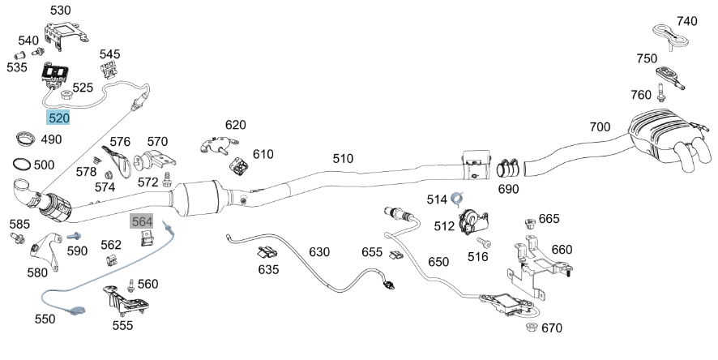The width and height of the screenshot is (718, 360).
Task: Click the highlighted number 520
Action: (x=58, y=118)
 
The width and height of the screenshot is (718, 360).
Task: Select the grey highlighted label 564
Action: (x=142, y=221)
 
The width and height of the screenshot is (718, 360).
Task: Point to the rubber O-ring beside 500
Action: (x=23, y=164)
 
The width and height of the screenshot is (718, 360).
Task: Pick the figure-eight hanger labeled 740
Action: (x=671, y=36)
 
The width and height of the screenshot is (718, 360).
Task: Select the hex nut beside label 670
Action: (x=531, y=327)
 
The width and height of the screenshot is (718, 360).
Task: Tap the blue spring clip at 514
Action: (x=457, y=198)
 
